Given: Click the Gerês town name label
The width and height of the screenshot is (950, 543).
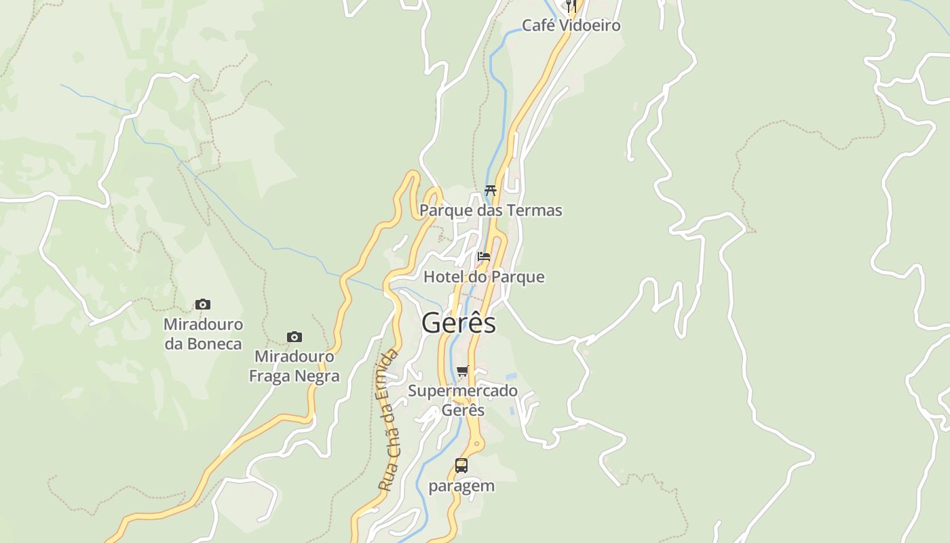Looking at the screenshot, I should point(459,323).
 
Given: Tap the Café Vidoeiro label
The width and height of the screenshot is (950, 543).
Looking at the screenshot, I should point(571,26).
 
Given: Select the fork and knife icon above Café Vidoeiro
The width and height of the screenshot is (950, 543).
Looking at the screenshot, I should point(571,6).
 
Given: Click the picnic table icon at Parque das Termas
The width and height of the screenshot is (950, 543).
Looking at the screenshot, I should point(491,191).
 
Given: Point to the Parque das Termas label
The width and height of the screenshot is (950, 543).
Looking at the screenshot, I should point(491,210).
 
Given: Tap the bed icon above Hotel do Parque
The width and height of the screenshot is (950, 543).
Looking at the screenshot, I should point(484,257).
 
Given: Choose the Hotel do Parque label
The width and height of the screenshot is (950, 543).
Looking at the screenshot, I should point(484,277).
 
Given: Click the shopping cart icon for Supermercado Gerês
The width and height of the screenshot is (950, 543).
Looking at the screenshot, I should point(463,371).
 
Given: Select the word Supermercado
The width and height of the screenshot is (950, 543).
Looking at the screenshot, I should point(463,391).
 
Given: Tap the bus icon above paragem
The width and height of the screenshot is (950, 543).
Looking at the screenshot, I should point(461,466).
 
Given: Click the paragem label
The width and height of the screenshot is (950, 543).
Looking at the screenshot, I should point(461,486).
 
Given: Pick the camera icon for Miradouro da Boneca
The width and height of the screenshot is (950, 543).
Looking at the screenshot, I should point(203,304).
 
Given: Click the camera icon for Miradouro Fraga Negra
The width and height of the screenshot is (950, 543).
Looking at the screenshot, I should point(294,337).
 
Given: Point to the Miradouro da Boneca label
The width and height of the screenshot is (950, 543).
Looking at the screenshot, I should point(203,334).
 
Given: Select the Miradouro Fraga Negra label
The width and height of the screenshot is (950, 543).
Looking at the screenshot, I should point(294,367).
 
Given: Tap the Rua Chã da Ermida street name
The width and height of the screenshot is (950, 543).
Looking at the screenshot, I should point(388,421).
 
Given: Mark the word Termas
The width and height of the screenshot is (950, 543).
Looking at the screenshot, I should point(533,210).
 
